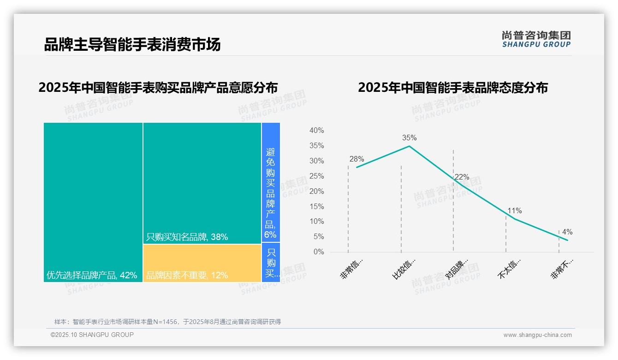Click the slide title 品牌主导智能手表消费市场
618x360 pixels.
[x=132, y=44]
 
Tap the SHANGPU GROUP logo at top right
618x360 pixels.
[x=536, y=39]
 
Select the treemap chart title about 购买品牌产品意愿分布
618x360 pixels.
[x=158, y=88]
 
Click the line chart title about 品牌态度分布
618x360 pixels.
[x=452, y=88]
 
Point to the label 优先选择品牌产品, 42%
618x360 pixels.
[x=92, y=275]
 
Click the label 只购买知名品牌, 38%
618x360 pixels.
[x=187, y=237]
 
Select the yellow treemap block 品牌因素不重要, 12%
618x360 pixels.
[x=202, y=263]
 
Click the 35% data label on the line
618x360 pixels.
[x=409, y=138]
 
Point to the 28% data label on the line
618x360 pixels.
[x=357, y=159]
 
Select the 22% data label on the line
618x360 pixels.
[x=462, y=177]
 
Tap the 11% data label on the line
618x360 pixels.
[x=514, y=210]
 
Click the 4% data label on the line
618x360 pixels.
[x=567, y=232]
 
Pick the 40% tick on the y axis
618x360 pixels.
[x=316, y=131]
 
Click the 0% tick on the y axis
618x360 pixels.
[x=318, y=252]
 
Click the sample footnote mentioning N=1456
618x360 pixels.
[x=167, y=322]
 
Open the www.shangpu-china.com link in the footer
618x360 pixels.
[x=537, y=335]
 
